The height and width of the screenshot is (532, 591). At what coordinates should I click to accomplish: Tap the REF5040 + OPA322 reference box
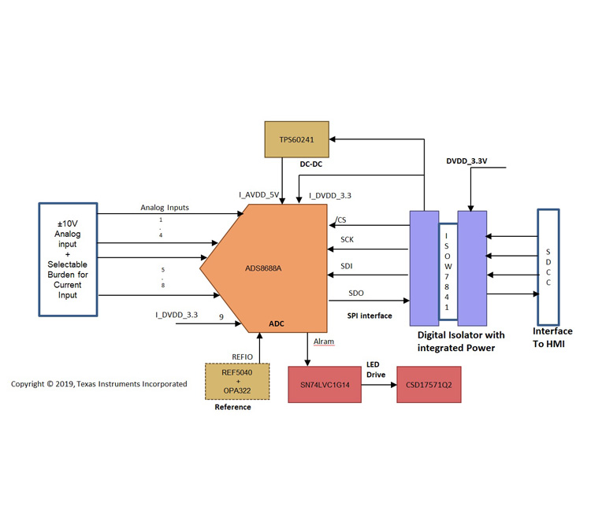point(236,382)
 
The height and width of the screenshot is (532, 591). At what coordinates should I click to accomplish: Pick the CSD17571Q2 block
point(429,386)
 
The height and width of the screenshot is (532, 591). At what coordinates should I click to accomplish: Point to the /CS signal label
point(340,220)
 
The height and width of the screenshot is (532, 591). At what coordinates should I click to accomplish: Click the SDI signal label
point(347,267)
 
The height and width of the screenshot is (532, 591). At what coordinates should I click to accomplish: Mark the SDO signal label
point(356,294)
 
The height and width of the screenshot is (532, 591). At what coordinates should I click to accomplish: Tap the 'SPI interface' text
point(370,316)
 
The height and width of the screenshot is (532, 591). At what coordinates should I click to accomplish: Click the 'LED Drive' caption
point(377,370)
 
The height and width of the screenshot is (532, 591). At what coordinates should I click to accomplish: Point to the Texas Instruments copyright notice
point(98,384)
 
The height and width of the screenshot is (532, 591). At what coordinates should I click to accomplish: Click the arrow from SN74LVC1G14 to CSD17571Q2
point(381,386)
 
